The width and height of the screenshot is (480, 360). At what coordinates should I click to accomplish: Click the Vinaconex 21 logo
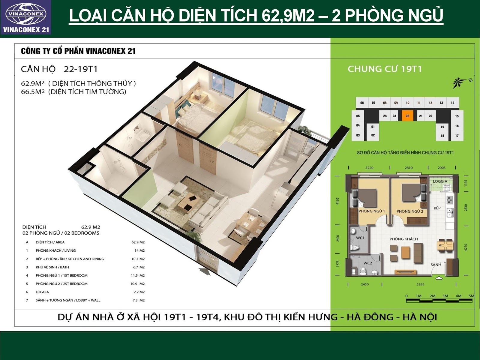coord(26,17)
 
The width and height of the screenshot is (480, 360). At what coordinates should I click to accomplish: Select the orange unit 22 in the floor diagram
coord(407,116)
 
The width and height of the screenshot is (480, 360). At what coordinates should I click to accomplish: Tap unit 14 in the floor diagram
coord(452,103)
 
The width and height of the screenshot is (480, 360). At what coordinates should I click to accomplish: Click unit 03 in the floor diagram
coord(358,135)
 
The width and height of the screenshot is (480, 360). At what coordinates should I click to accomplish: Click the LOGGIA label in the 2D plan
coord(440,181)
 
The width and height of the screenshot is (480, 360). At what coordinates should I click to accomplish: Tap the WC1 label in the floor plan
coord(360,238)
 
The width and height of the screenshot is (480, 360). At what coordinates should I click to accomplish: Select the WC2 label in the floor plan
coord(367,263)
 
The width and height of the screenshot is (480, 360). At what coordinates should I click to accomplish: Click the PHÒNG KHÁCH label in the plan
coord(404,239)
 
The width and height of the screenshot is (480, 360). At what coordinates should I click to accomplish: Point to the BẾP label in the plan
coord(437,208)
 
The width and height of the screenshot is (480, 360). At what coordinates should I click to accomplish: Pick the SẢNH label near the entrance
coord(436,265)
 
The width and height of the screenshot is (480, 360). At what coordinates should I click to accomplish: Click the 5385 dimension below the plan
coord(420,284)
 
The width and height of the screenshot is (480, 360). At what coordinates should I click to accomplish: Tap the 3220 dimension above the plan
coord(369,168)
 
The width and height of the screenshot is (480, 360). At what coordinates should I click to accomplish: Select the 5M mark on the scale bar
coord(471,296)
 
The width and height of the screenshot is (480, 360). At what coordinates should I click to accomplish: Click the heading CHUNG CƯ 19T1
coord(385,69)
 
